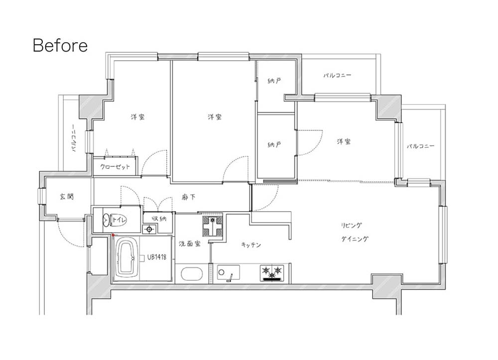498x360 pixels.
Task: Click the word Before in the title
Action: [x=60, y=45]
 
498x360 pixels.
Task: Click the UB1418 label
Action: [x=156, y=257]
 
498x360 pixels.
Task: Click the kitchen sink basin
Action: [x=229, y=273]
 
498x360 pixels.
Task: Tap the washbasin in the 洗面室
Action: [x=191, y=274]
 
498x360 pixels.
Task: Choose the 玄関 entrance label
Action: [x=67, y=197]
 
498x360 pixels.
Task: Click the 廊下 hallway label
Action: [x=189, y=198]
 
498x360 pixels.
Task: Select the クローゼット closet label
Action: [x=115, y=167]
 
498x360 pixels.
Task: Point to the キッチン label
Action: [x=251, y=245]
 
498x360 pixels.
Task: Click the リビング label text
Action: [x=351, y=225]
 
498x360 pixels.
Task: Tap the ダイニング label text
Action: [x=355, y=239]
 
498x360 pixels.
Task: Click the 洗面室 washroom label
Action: [x=190, y=244]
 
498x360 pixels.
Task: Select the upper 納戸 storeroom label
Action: [x=274, y=81]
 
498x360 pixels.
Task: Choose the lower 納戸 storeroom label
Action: [x=274, y=145]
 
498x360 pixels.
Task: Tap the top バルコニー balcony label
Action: [x=337, y=75]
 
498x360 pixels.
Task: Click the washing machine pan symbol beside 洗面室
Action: [x=213, y=226]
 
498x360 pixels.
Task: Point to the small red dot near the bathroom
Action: [x=113, y=235]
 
